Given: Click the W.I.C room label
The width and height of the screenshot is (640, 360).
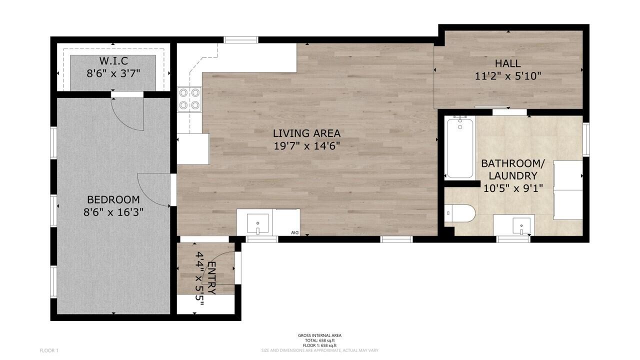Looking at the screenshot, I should tap(113, 61).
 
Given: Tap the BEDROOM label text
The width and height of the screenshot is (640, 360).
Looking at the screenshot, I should tap(113, 199).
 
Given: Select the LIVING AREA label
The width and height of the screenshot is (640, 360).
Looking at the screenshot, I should tap(306, 133).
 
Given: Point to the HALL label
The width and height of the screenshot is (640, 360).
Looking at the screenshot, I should tap(507, 63).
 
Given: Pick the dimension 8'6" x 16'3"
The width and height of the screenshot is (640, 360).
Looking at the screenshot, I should tap(113, 211).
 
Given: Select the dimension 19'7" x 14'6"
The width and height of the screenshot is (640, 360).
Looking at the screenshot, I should tap(306, 146).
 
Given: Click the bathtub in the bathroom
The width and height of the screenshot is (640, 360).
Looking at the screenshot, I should tap(459, 147).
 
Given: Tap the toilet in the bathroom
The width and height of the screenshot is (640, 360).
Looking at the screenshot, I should tap(458, 213).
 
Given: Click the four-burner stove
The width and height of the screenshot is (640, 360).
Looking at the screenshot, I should tap(189, 98).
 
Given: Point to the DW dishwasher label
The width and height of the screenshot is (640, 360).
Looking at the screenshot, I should tap(295, 233).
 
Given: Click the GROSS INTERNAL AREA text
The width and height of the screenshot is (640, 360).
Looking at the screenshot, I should tap(319, 335).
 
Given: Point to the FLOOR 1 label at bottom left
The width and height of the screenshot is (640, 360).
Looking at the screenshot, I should tap(49, 350).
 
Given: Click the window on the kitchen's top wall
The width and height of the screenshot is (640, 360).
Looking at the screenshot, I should tap(240, 39).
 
